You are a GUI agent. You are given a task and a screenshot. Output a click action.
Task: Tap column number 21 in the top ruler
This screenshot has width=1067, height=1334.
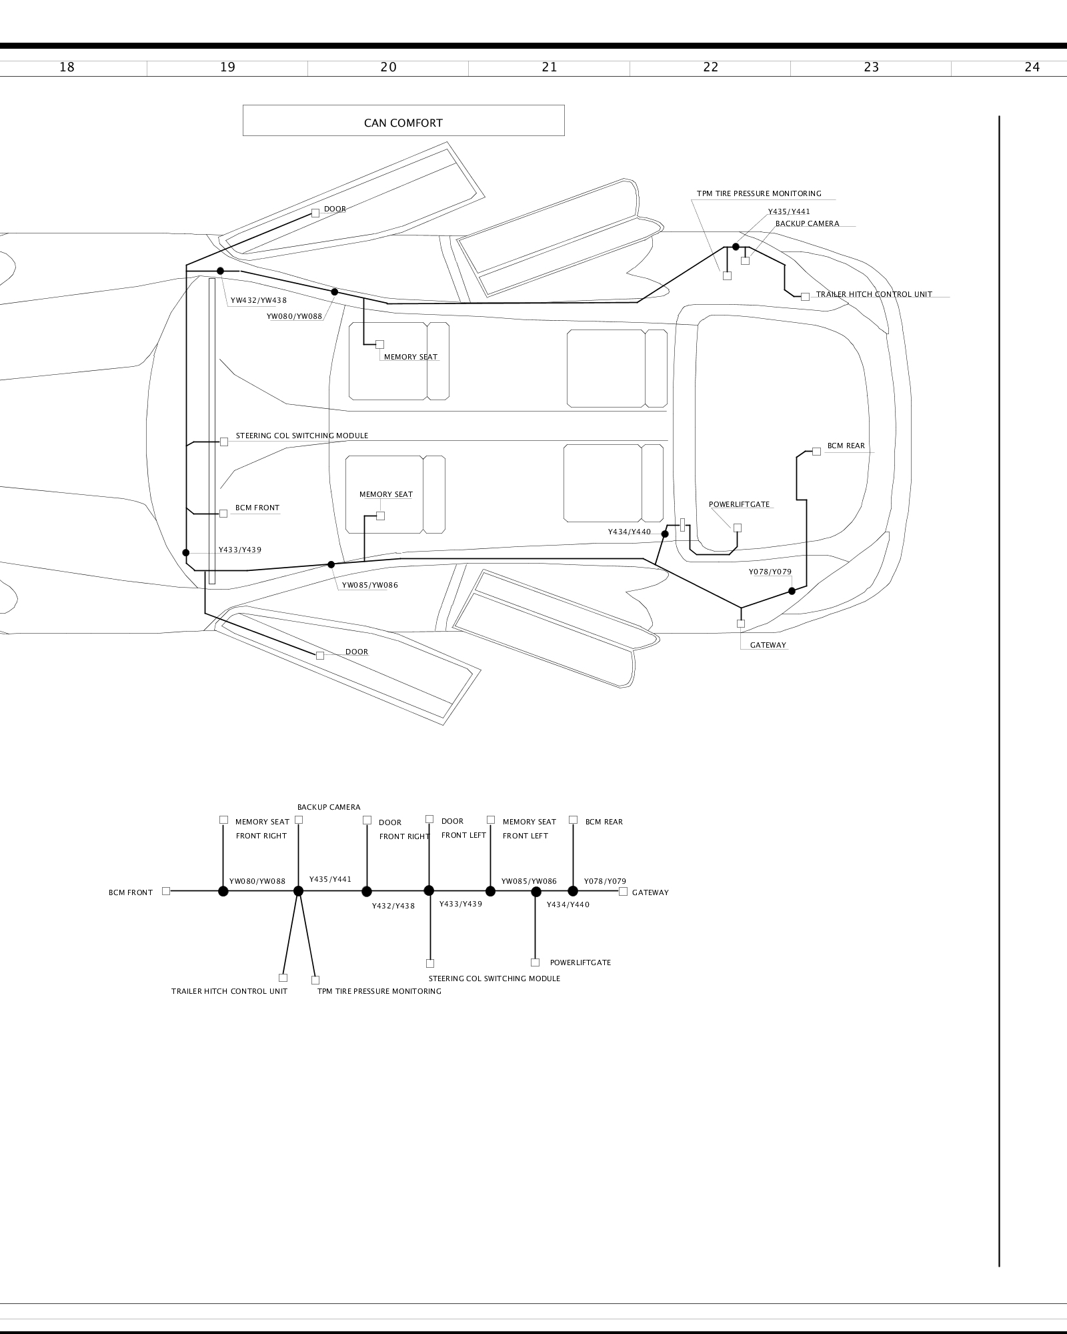[550, 67]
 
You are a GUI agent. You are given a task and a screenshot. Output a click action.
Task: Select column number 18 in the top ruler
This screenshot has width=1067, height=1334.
[67, 67]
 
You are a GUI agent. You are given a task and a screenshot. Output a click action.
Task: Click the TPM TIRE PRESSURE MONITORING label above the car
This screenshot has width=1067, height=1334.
[759, 194]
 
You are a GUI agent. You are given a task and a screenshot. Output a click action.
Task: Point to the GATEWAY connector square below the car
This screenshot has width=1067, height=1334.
[741, 624]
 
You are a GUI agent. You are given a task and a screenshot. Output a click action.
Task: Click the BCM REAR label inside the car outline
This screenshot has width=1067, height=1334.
[846, 446]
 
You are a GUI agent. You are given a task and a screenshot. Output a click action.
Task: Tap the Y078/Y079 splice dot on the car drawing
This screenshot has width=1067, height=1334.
[792, 591]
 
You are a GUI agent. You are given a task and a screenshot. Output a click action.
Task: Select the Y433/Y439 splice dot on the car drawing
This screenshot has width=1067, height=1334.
[186, 552]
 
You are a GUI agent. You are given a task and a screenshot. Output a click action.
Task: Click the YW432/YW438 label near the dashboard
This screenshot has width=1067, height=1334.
[259, 301]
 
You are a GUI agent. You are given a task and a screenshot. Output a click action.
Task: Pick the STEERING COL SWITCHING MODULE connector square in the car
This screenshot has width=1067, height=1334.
[224, 442]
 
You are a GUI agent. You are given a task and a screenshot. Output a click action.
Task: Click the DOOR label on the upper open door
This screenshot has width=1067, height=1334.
[335, 209]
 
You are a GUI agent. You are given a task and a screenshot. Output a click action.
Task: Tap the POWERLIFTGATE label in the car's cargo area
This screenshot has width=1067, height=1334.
[739, 505]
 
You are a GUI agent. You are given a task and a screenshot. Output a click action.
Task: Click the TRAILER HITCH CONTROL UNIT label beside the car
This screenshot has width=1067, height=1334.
[874, 295]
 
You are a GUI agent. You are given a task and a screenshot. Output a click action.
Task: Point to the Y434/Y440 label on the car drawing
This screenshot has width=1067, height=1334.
[629, 532]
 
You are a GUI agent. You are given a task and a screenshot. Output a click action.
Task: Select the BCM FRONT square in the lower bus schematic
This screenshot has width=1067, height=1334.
[166, 891]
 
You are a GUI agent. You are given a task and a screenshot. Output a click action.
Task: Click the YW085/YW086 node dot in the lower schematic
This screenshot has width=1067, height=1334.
[536, 892]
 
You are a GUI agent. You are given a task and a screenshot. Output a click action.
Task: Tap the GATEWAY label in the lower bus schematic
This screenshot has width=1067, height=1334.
[650, 892]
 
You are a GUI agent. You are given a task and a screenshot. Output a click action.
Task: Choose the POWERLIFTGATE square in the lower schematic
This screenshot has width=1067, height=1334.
[535, 962]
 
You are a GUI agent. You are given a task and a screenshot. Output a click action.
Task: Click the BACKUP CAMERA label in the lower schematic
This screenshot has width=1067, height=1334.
[329, 808]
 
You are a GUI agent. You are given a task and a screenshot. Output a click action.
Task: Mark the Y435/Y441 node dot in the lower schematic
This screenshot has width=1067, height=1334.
[298, 891]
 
